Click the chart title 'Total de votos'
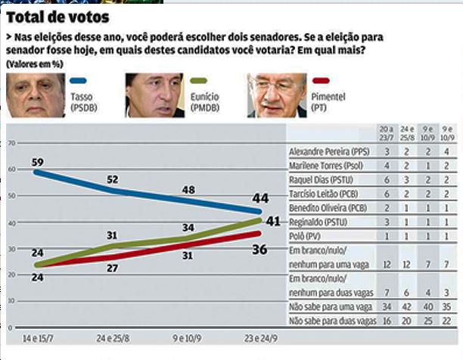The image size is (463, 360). click(57, 16)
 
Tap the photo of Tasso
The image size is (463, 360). click(35, 96)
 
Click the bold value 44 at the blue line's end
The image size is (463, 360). click(260, 198)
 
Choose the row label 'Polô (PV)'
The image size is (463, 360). click(306, 237)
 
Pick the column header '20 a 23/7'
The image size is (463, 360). click(387, 134)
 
